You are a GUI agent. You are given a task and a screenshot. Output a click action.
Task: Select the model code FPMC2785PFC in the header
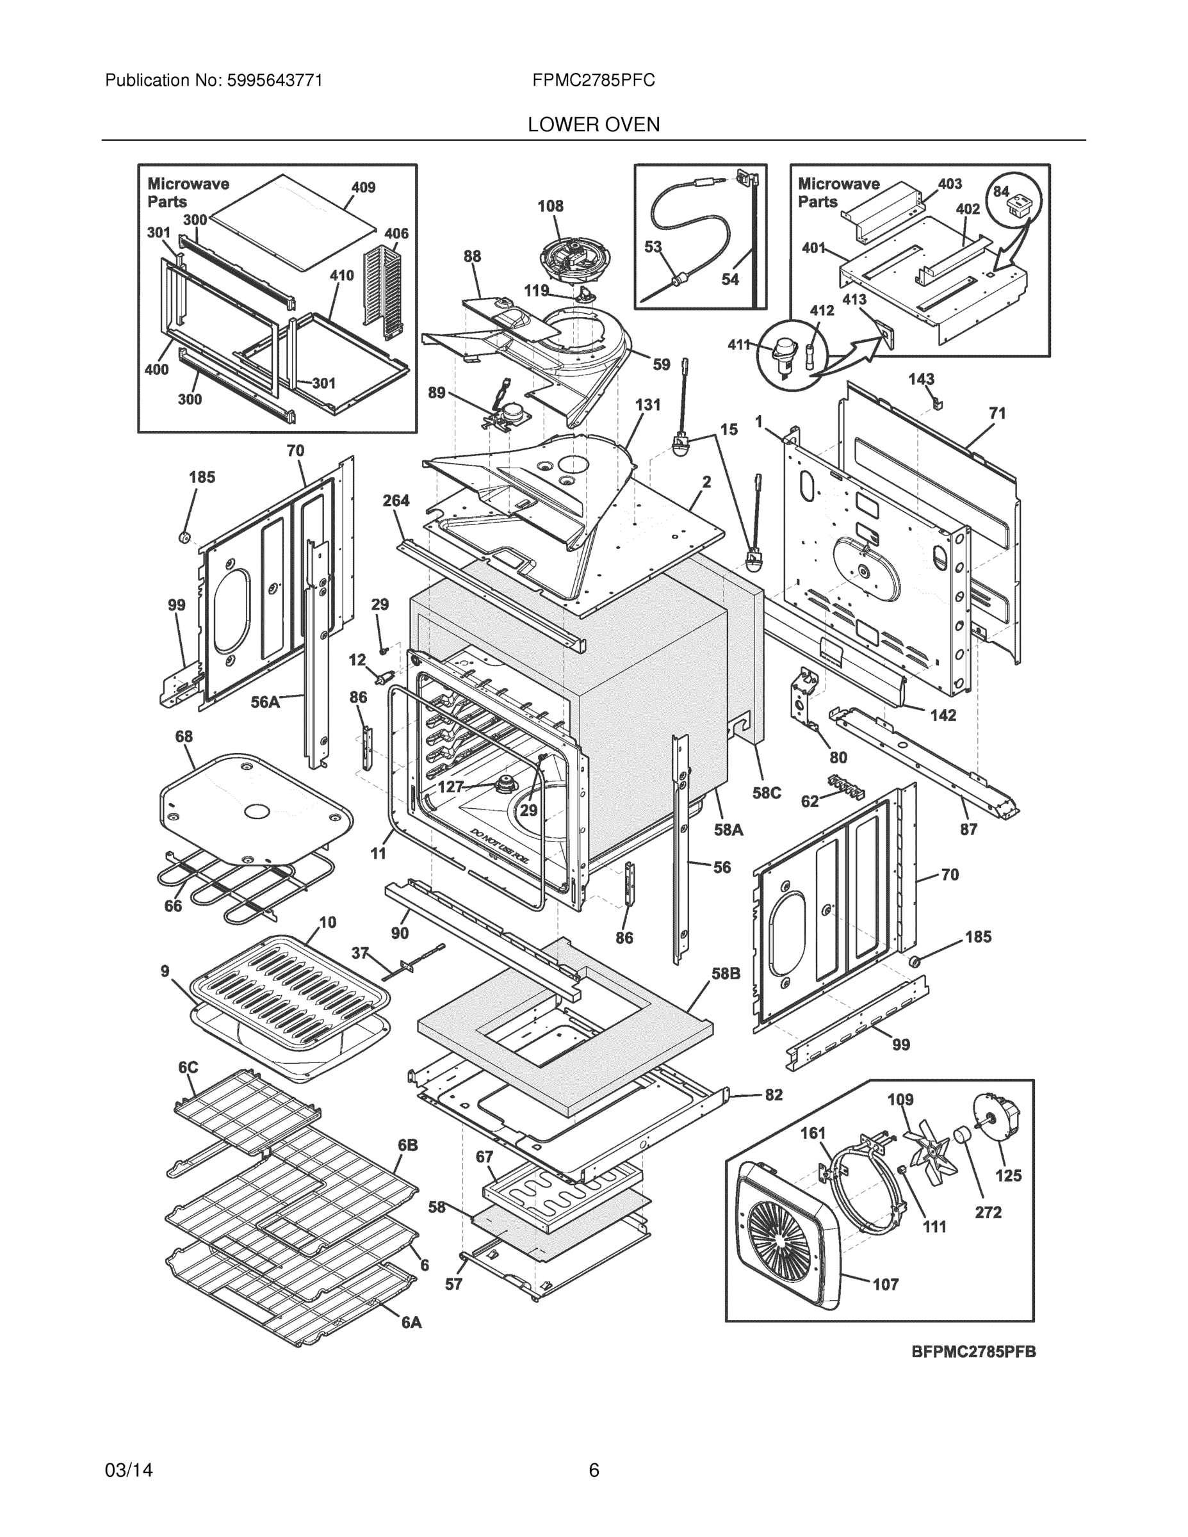(593, 81)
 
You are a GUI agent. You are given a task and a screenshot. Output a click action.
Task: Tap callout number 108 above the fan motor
(550, 206)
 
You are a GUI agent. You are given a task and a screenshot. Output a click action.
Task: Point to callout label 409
(363, 187)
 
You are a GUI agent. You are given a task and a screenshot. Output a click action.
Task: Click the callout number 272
(988, 1212)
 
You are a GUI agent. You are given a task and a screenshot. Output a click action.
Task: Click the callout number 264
(396, 500)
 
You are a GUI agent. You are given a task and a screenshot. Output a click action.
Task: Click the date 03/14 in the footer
(129, 1470)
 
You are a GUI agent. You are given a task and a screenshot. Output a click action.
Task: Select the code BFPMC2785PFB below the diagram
(973, 1352)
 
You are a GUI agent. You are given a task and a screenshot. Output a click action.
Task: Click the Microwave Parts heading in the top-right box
(838, 193)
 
